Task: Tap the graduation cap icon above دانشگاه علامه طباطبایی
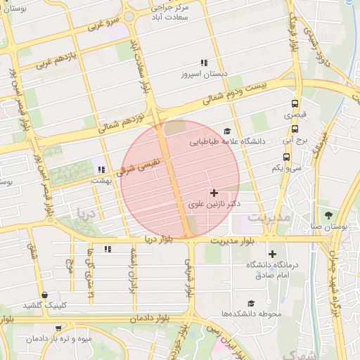(226, 131)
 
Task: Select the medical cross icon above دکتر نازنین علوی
(214, 193)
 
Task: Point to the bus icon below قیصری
(294, 129)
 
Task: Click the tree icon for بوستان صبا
(328, 214)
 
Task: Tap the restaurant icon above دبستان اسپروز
(204, 63)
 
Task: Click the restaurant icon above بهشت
(101, 169)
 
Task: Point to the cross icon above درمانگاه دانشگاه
(273, 254)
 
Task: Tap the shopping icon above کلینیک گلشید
(45, 295)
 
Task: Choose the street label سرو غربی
(103, 24)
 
